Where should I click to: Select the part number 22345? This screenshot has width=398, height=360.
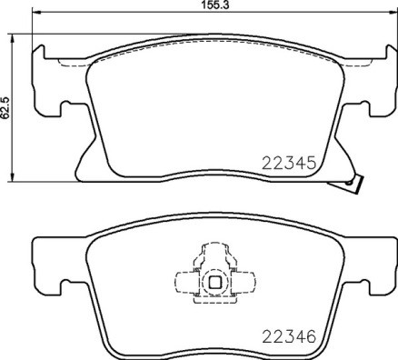pyautogui.click(x=288, y=165)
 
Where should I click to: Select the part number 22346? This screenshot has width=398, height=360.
pyautogui.click(x=288, y=335)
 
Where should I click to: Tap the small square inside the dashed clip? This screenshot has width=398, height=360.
pyautogui.click(x=216, y=282)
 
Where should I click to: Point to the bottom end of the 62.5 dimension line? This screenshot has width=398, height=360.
pyautogui.click(x=12, y=178)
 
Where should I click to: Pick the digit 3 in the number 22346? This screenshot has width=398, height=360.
pyautogui.click(x=288, y=335)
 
